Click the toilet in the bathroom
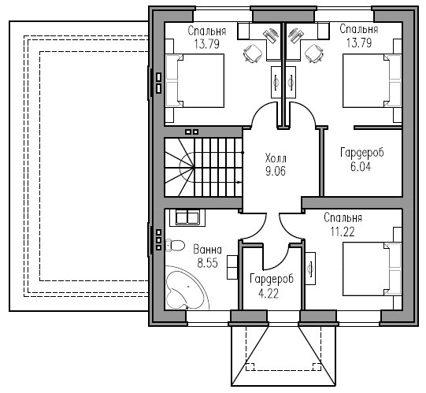click(175, 246)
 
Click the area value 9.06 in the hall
click(276, 171)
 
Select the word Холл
click(276, 158)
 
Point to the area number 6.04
click(361, 167)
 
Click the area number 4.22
click(269, 294)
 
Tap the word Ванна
click(208, 250)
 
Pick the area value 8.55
click(208, 263)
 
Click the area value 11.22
click(343, 232)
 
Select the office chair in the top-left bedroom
click(253, 54)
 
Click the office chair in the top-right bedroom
click(314, 54)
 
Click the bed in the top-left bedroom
click(195, 80)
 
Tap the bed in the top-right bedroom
click(372, 80)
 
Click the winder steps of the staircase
click(180, 167)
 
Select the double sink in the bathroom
click(187, 217)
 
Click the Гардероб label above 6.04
click(362, 153)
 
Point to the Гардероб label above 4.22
click(272, 280)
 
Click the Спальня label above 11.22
click(343, 218)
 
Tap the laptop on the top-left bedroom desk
click(271, 35)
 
